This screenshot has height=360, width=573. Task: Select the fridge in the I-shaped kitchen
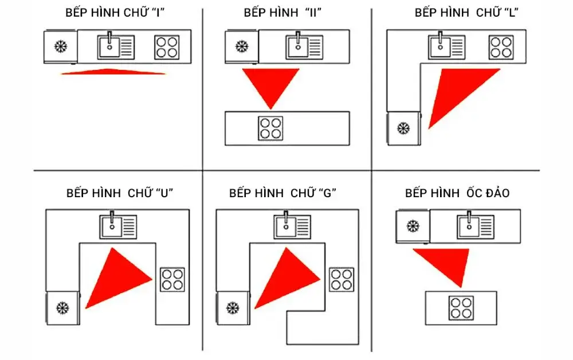pos(60,46)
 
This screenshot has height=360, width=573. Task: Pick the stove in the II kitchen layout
pos(270,128)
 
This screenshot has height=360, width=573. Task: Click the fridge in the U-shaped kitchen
pos(62,308)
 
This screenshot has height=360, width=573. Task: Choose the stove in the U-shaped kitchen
pos(172,279)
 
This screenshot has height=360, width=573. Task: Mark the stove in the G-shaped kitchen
pos(342,279)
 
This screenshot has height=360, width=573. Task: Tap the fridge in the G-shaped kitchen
pos(232,308)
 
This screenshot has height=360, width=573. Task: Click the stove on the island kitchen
pos(461,308)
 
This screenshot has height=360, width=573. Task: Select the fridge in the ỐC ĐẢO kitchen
pos(412,226)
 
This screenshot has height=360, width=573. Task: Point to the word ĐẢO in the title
pos(494,193)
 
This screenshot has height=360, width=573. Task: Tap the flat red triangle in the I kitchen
pos(113,72)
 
